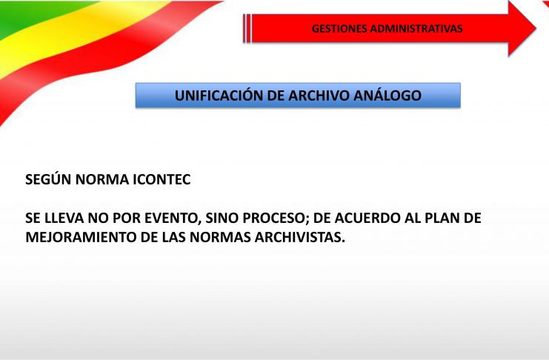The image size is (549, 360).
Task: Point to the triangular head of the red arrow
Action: [x=522, y=28]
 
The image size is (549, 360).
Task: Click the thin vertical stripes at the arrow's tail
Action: [x=247, y=29]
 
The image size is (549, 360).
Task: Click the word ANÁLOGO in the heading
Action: [x=387, y=96]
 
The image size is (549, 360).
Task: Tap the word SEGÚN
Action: [x=48, y=179]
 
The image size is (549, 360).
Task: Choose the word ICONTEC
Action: [x=162, y=180]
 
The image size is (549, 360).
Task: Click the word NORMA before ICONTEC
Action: [x=102, y=180]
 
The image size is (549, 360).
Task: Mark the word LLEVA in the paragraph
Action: [x=64, y=219]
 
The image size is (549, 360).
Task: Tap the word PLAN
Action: [x=442, y=219]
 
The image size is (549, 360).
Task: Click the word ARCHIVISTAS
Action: [x=300, y=238]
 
